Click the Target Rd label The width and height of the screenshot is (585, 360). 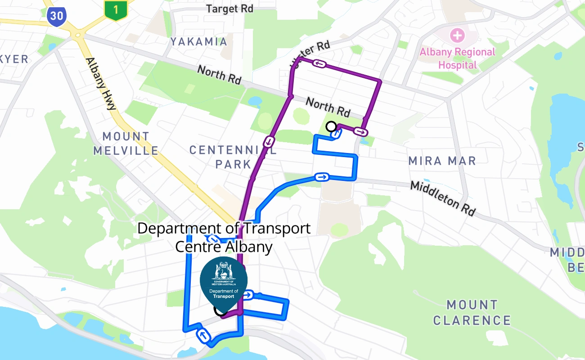(x=229, y=9)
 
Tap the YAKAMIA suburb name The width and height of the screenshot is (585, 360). (x=199, y=42)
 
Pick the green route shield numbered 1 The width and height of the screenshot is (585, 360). (x=116, y=10)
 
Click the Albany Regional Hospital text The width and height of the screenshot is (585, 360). (x=457, y=58)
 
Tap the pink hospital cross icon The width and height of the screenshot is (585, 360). (x=458, y=34)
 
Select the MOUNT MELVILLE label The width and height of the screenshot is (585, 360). (x=126, y=143)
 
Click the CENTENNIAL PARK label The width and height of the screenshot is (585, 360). (x=233, y=157)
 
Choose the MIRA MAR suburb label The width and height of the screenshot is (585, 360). (x=442, y=161)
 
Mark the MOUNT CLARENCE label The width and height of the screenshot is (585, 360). (x=472, y=312)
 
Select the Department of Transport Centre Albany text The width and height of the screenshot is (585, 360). (x=224, y=237)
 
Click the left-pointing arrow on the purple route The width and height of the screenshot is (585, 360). (x=319, y=63)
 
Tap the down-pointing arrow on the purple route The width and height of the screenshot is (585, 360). (x=269, y=142)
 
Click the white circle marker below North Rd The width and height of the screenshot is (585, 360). (x=331, y=126)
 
